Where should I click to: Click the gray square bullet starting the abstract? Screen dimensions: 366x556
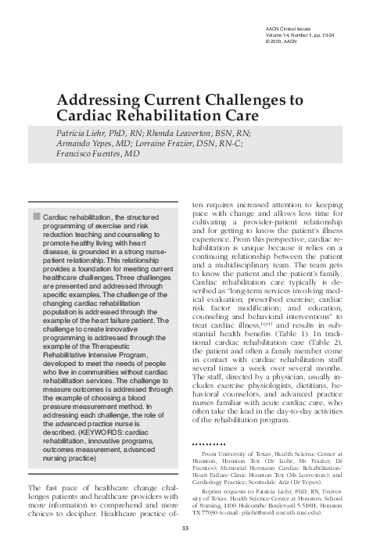coord(34,215)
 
